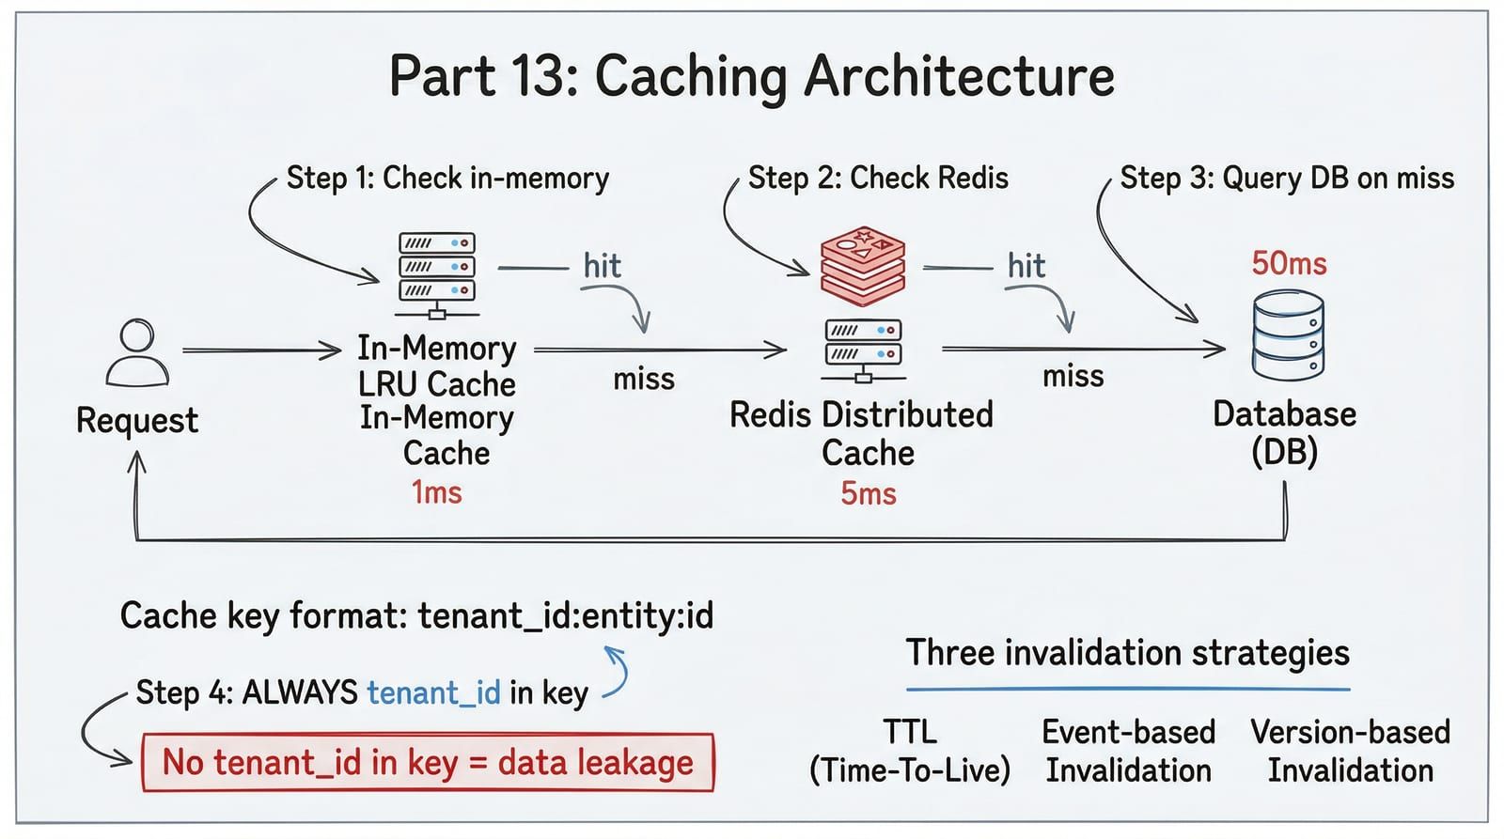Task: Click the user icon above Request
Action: [x=137, y=352]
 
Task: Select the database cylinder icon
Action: [x=1289, y=335]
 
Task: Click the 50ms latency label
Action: [x=1289, y=264]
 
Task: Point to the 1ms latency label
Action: [x=437, y=492]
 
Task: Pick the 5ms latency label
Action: [x=869, y=494]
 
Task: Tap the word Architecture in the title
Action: [x=960, y=76]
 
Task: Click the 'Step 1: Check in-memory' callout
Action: [x=447, y=179]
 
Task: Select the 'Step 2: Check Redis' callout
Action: [x=878, y=179]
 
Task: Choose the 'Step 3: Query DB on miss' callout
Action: [x=1287, y=179]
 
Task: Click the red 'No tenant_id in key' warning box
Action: [x=429, y=763]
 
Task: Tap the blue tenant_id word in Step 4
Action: [x=433, y=692]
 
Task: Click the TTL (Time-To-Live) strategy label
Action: [x=910, y=751]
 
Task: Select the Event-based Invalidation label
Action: [x=1129, y=751]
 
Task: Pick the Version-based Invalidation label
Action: [x=1350, y=751]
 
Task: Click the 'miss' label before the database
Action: [x=1073, y=377]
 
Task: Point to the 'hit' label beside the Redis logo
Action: [x=1026, y=266]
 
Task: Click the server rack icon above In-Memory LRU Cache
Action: [x=437, y=275]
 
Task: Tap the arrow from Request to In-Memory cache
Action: [x=262, y=350]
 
